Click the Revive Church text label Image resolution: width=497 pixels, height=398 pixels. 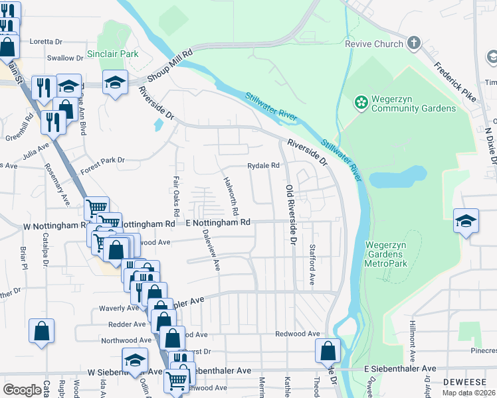click(x=374, y=44)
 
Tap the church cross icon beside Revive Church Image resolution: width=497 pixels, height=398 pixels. click(x=414, y=44)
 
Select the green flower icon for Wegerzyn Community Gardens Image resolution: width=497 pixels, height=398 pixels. click(x=360, y=102)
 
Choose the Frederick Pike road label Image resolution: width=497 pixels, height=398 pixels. click(x=455, y=80)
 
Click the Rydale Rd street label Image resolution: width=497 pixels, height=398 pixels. click(x=264, y=165)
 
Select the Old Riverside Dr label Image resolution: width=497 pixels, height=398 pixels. click(x=290, y=215)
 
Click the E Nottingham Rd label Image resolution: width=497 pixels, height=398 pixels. click(x=218, y=222)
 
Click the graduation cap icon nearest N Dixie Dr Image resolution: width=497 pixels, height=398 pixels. click(x=466, y=221)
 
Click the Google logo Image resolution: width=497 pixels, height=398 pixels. click(x=23, y=390)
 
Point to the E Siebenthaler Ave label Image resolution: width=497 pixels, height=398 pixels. click(x=400, y=368)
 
